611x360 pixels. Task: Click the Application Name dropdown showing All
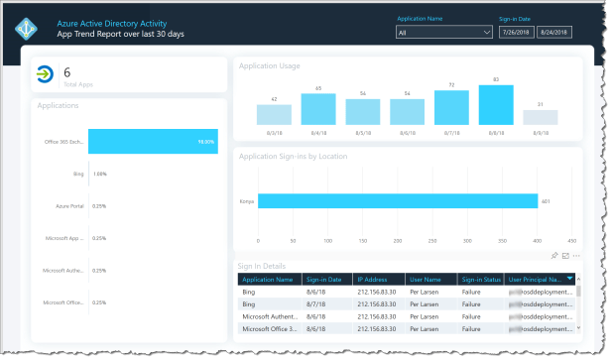[443, 32]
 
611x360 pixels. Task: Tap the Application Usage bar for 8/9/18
[540, 117]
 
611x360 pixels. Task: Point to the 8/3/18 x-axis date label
[274, 131]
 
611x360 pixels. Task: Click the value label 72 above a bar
[451, 84]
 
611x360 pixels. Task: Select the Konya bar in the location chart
[397, 201]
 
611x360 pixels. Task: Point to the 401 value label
[545, 201]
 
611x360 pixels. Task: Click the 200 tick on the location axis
[397, 241]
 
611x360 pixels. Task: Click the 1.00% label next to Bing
[99, 175]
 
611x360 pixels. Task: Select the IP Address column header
[380, 280]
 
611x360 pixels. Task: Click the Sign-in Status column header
[482, 280]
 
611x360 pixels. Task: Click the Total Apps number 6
[66, 72]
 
